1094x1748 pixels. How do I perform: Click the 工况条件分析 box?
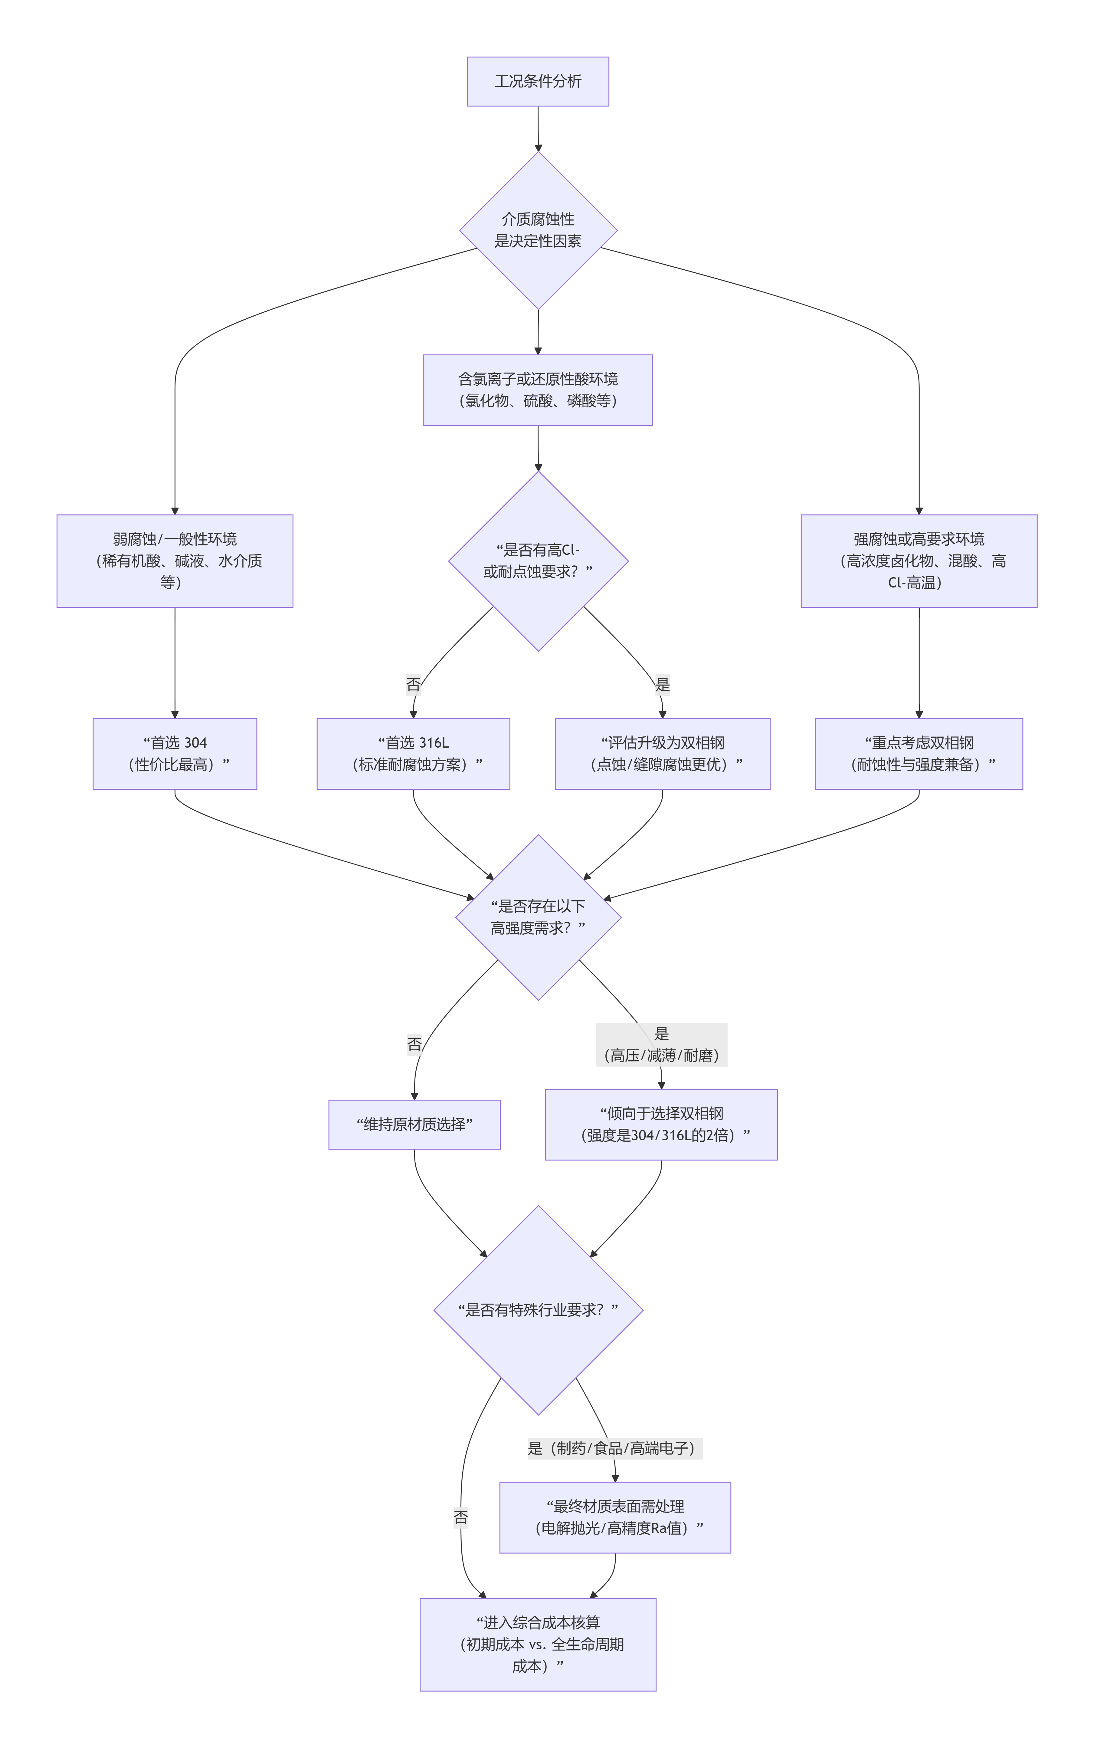pos(538,81)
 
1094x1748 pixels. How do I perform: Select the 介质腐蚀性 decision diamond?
pos(538,230)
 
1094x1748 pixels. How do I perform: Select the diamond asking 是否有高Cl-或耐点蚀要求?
pos(538,561)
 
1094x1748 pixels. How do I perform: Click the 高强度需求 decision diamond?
pos(538,917)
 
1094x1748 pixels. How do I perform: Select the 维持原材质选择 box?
pos(414,1124)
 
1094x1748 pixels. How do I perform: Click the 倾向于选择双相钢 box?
pos(661,1124)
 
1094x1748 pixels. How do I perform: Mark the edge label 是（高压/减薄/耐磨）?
pos(661,1045)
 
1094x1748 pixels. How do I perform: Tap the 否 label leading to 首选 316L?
pos(413,684)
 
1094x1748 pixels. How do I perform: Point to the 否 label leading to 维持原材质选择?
pos(414,1045)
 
